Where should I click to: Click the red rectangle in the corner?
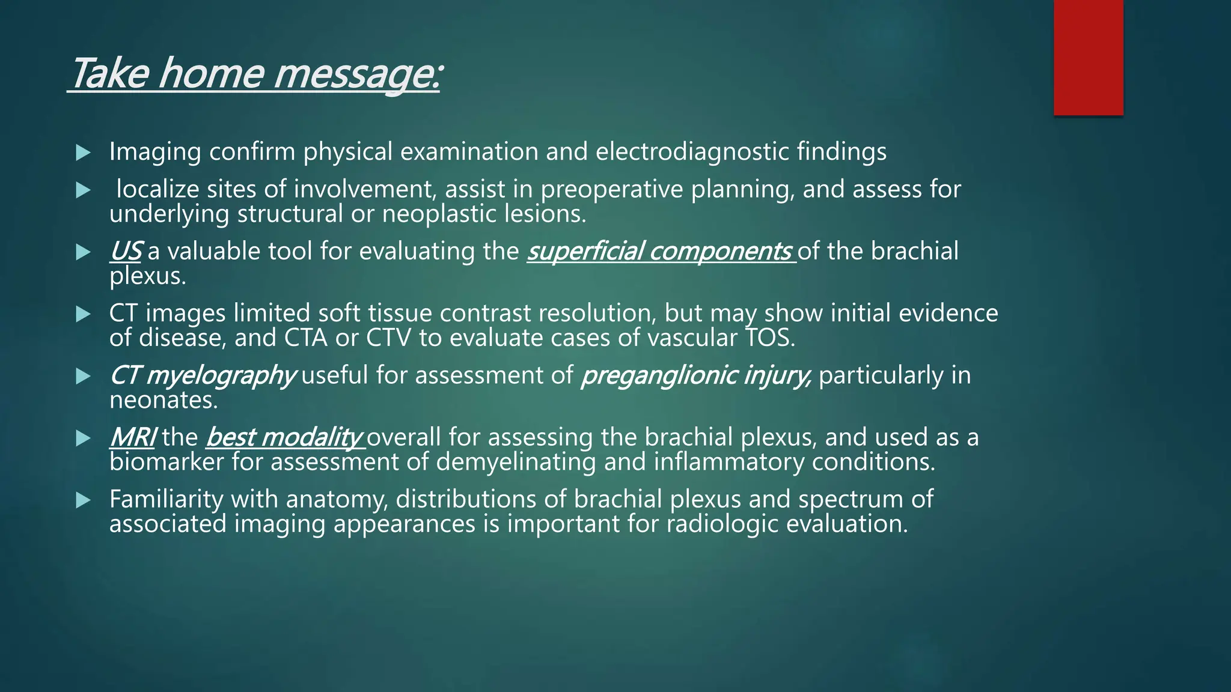1088,58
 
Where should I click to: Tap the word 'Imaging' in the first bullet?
154,152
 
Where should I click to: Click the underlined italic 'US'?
125,252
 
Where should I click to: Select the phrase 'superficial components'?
660,252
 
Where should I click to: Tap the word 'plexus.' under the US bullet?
148,276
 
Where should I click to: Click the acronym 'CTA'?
305,338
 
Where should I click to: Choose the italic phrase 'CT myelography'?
202,376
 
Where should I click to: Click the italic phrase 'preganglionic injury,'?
696,376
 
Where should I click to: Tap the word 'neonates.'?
163,401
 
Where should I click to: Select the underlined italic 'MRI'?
132,437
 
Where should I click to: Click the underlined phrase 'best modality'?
284,437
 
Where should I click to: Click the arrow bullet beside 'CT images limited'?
84,314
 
